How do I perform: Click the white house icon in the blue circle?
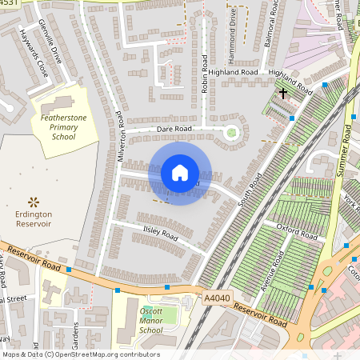coord(180,172)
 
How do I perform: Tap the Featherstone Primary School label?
coord(58,126)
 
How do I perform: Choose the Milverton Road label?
coord(122,136)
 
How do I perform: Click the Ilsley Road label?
coord(160,235)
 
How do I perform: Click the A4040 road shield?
coord(216,298)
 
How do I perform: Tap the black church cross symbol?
coord(282,94)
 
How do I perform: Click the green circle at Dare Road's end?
coord(232,132)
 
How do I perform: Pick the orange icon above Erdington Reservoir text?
coord(34,201)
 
